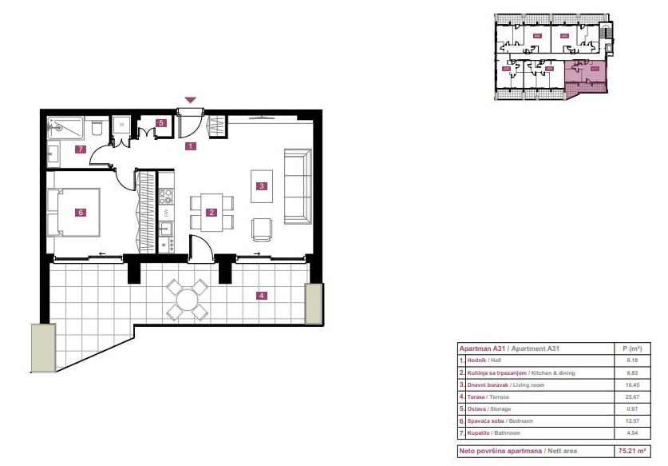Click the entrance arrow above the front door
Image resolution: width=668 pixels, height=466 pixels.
(x=190, y=100)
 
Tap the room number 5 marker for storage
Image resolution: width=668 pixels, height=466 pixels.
(x=160, y=123)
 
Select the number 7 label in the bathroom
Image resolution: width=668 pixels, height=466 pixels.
(x=80, y=149)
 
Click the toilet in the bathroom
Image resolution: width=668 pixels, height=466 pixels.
(x=96, y=127)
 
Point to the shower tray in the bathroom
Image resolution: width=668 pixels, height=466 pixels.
(x=65, y=125)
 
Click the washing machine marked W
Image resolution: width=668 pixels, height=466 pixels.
(x=121, y=125)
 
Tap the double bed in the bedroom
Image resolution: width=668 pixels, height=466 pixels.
(x=76, y=212)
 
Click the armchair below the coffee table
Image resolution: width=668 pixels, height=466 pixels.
(x=262, y=229)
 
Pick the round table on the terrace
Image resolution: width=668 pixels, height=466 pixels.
(x=188, y=300)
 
